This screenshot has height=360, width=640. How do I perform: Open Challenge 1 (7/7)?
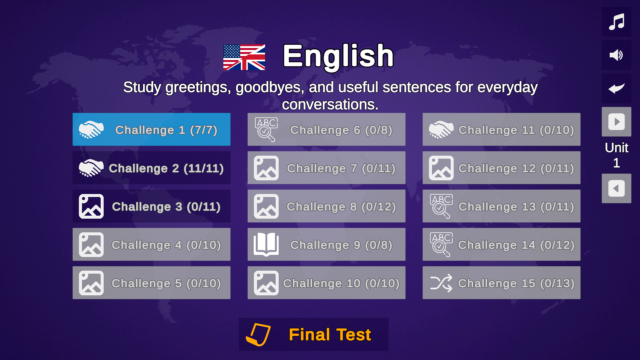click(x=151, y=129)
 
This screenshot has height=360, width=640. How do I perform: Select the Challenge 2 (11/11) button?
click(x=151, y=168)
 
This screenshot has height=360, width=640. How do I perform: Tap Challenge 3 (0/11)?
click(x=151, y=206)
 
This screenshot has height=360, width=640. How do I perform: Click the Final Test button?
click(x=313, y=334)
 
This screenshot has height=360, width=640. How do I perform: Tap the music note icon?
click(x=616, y=22)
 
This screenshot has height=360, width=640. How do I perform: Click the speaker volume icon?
click(x=616, y=55)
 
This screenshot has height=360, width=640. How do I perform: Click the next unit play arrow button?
click(x=616, y=122)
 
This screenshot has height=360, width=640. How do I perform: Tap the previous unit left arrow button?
click(x=616, y=188)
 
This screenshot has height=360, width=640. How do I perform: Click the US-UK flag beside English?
click(x=244, y=57)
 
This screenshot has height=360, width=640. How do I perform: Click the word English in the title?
click(x=338, y=56)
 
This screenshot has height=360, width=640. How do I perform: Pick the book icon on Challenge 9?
click(x=266, y=244)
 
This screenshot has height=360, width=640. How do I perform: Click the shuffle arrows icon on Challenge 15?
click(x=441, y=283)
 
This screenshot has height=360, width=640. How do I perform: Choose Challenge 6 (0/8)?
click(x=326, y=129)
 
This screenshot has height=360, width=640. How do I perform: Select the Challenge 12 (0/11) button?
click(x=501, y=168)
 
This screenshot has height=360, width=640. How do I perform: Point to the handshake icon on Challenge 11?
click(x=441, y=129)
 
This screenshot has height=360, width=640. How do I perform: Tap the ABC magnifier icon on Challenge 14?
click(x=441, y=244)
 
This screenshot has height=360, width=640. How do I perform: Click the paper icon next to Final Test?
click(x=258, y=334)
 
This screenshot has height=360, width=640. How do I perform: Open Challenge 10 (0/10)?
click(x=326, y=283)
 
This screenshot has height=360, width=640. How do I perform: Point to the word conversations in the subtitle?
click(x=330, y=105)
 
